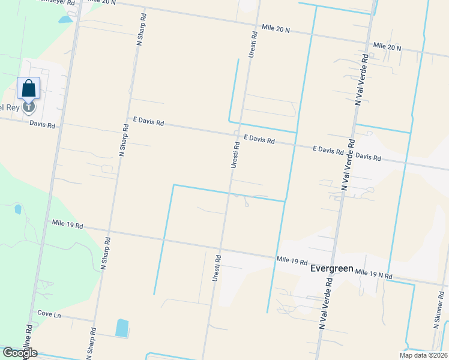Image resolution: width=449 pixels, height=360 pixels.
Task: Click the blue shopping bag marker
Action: [29, 89]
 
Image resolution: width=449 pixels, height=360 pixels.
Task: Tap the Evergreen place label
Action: [331, 269]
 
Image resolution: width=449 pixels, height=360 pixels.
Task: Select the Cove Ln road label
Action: [49, 314]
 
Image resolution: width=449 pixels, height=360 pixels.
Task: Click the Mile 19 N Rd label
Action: [373, 274]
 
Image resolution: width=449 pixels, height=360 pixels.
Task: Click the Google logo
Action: [19, 353]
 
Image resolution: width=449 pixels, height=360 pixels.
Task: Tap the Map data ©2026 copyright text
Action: [423, 355]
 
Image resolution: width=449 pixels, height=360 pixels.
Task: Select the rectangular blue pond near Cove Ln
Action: [122, 328]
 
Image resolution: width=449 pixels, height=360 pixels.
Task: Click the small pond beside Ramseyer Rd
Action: [64, 19]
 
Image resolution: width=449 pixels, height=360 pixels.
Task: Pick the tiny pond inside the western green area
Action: [17, 209]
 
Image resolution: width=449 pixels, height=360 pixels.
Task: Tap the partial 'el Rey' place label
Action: [10, 107]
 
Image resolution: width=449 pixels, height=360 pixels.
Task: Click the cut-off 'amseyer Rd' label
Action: [57, 2]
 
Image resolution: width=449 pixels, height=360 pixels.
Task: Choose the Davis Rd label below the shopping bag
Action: [42, 125]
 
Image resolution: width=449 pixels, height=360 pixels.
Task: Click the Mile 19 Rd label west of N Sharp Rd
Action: [67, 225]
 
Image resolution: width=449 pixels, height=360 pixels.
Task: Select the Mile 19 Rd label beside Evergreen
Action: [292, 262]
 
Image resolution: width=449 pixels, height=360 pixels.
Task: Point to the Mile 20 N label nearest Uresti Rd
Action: [276, 28]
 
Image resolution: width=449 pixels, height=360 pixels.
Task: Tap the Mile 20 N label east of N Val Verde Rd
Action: [387, 46]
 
